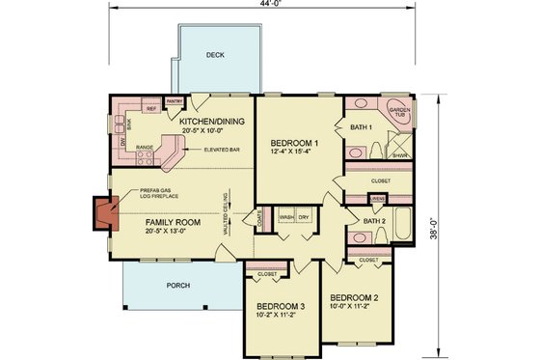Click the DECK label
216,55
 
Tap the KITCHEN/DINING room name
212,121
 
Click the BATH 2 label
375,221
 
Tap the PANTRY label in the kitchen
175,100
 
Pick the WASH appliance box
286,218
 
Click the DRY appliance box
306,218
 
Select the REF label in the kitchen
151,109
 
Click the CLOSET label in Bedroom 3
267,273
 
